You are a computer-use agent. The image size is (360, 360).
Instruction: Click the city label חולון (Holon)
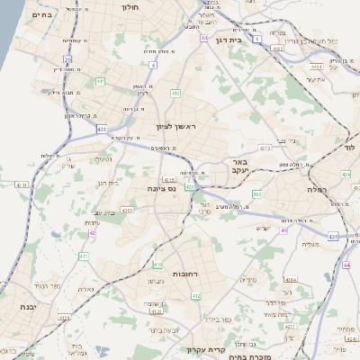tap(131, 5)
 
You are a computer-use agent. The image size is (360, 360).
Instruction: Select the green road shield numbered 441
tap(100, 82)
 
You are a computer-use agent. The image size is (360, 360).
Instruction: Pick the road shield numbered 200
tap(256, 193)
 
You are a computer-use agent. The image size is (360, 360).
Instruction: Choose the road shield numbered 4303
tap(127, 210)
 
